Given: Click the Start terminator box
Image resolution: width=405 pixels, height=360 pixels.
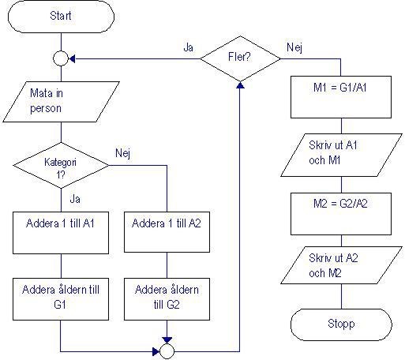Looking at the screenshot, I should [61, 17].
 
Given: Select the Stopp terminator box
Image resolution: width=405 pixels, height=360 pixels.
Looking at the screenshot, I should [340, 324].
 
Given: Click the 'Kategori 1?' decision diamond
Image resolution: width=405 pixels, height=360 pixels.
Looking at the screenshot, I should [61, 166].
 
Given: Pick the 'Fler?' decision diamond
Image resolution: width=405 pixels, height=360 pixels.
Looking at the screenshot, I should [238, 58].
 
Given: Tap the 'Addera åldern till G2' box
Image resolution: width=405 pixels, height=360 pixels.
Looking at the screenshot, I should [167, 297].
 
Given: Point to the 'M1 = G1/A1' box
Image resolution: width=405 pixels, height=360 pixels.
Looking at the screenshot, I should [340, 87].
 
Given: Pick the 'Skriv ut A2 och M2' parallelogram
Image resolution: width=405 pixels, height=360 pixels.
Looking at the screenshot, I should [340, 266].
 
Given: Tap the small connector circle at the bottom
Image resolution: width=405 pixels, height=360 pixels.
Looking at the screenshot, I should [167, 350].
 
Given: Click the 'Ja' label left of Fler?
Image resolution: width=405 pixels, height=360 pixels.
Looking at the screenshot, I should [188, 48].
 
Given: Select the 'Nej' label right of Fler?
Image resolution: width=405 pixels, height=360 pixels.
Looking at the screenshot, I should [294, 48].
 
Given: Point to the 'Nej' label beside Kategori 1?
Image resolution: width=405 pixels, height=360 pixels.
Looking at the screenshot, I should [122, 152].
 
